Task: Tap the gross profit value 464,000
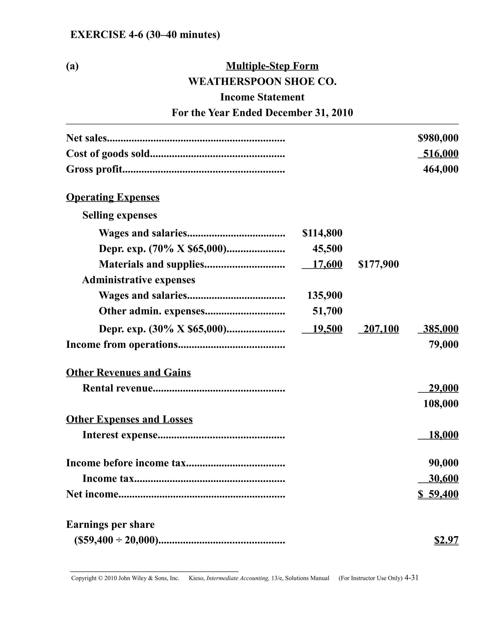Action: [x=440, y=169]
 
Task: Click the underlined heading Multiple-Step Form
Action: [x=272, y=66]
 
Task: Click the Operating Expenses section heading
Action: [x=112, y=197]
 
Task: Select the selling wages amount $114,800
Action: [x=322, y=233]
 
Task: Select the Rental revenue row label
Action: [x=117, y=388]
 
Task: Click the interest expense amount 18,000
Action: [x=443, y=434]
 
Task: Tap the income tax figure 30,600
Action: [x=443, y=478]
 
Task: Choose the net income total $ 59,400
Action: [x=438, y=494]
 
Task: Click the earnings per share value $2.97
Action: [x=446, y=540]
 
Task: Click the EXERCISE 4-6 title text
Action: [x=145, y=34]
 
